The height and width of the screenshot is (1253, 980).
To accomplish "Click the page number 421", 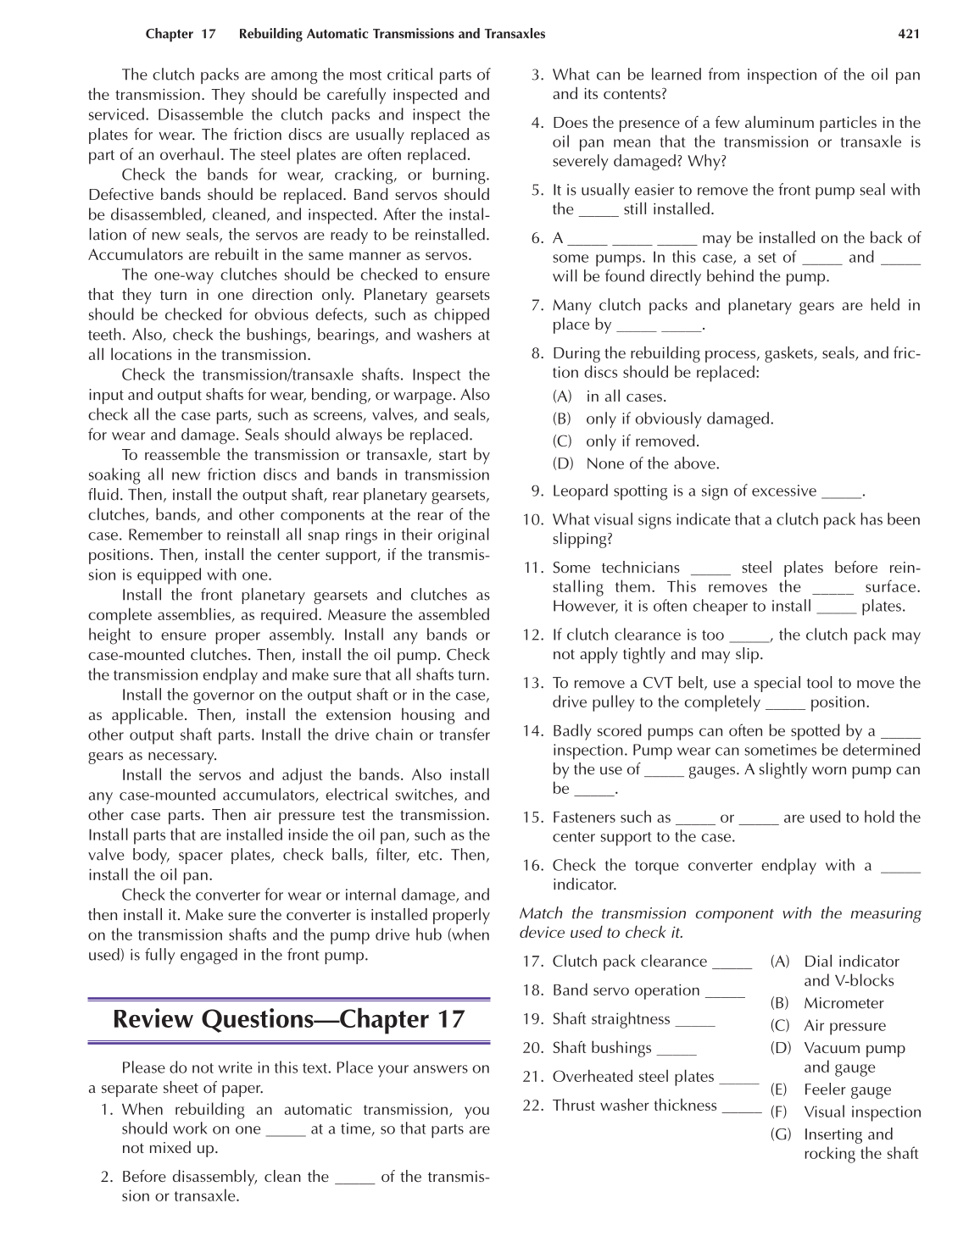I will [x=908, y=34].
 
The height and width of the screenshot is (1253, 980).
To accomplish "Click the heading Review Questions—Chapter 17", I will [x=288, y=1018].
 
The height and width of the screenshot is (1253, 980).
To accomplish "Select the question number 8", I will [x=537, y=353].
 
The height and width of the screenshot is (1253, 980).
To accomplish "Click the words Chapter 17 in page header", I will [x=181, y=34].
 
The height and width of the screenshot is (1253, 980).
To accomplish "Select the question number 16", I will [x=532, y=866].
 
